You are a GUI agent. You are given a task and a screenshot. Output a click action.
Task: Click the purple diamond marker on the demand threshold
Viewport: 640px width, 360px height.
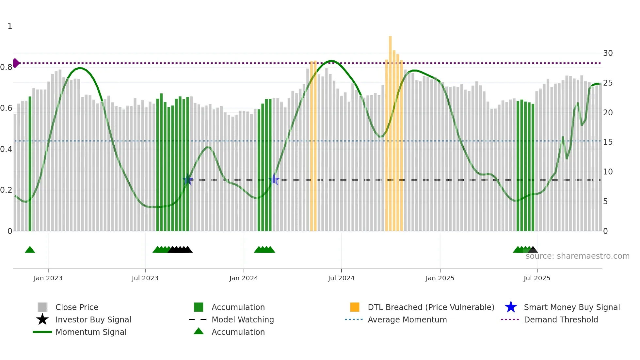pyautogui.click(x=16, y=63)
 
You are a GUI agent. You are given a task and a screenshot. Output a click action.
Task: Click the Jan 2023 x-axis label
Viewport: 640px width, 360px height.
pyautogui.click(x=48, y=278)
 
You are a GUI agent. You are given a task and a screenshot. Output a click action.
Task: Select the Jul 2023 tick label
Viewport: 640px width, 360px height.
pyautogui.click(x=145, y=278)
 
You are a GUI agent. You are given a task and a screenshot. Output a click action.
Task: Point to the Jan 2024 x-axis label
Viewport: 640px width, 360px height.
pyautogui.click(x=244, y=278)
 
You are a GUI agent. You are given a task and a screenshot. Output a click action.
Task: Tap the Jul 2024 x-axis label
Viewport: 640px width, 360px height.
pyautogui.click(x=341, y=278)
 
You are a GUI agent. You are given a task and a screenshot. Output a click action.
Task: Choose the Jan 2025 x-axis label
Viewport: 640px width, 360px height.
pyautogui.click(x=440, y=278)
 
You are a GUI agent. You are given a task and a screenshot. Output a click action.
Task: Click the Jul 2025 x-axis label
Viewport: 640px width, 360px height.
pyautogui.click(x=537, y=278)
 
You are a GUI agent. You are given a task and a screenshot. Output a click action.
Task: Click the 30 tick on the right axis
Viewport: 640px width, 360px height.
pyautogui.click(x=608, y=53)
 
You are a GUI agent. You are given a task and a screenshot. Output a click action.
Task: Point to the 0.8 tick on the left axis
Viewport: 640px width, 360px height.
pyautogui.click(x=6, y=67)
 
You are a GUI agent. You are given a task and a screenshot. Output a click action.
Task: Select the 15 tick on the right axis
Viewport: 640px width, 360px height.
pyautogui.click(x=608, y=142)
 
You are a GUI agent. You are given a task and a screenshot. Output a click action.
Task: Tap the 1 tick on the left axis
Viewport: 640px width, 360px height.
pyautogui.click(x=10, y=26)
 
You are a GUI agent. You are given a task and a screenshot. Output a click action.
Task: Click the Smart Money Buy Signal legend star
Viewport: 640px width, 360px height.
pyautogui.click(x=511, y=307)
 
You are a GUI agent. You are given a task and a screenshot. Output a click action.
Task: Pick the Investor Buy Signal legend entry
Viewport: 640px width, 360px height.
pyautogui.click(x=93, y=319)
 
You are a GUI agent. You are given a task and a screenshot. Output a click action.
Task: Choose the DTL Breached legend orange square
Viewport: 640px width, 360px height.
pyautogui.click(x=355, y=307)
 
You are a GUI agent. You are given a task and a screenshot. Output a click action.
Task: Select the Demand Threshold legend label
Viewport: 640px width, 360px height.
pyautogui.click(x=561, y=319)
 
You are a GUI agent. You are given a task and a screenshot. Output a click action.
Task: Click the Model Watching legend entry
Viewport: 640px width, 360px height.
pyautogui.click(x=243, y=319)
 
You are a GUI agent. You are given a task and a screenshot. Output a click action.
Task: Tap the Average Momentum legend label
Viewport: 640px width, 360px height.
pyautogui.click(x=407, y=319)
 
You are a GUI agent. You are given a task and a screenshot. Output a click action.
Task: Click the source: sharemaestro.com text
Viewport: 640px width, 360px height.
pyautogui.click(x=577, y=256)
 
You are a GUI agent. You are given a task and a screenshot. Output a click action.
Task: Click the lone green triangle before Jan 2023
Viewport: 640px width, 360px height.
pyautogui.click(x=30, y=250)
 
